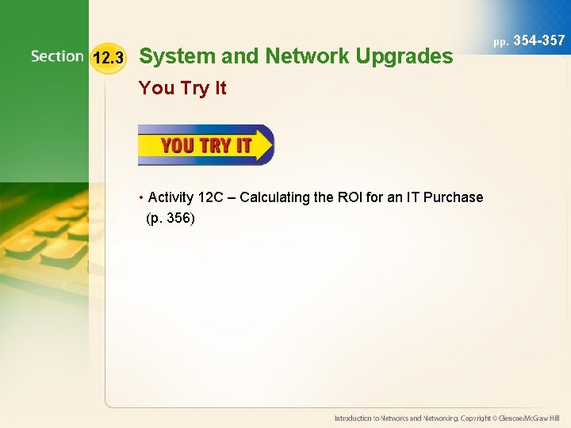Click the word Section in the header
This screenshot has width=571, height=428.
[57, 56]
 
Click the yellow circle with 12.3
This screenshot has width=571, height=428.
[108, 58]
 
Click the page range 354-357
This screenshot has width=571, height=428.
[539, 40]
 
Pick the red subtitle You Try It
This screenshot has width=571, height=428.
[182, 88]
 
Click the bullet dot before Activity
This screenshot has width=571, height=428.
[140, 197]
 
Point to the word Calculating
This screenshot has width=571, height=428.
[274, 197]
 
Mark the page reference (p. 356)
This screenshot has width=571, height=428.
[171, 218]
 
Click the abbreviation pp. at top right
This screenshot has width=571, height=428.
[500, 40]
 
